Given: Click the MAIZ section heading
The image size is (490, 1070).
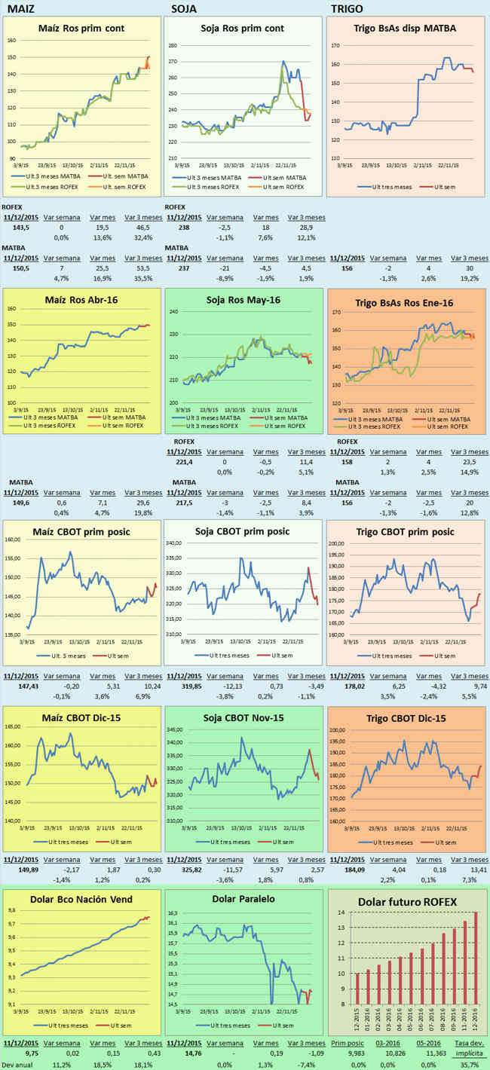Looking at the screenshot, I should click(x=20, y=9).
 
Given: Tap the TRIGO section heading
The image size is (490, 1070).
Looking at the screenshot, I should click(x=347, y=9).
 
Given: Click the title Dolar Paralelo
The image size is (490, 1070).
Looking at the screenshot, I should click(x=244, y=899).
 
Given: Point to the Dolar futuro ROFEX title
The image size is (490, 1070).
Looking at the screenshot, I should click(x=407, y=901).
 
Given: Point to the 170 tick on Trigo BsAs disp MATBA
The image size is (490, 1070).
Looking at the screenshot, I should click(x=337, y=45).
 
